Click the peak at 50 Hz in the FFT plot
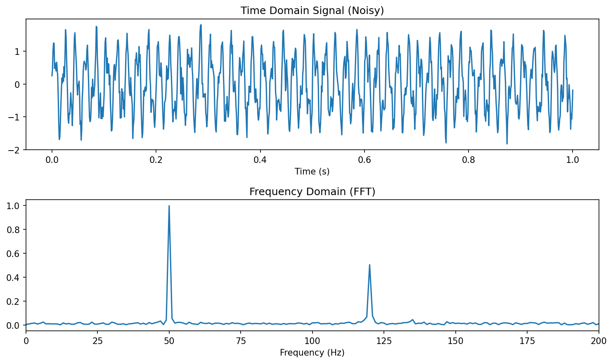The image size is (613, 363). [x=169, y=206]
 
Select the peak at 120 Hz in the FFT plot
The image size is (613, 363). [x=369, y=265]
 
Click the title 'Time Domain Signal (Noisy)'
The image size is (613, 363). [x=312, y=11]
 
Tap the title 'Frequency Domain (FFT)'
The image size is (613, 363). [x=312, y=192]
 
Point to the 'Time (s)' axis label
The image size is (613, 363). [x=312, y=172]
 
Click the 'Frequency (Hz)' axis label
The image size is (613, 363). [x=312, y=353]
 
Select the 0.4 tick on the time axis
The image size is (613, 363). [x=260, y=160]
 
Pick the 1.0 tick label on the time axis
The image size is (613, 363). [x=573, y=160]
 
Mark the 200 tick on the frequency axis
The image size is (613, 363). [x=599, y=341]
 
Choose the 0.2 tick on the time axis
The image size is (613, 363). [x=156, y=160]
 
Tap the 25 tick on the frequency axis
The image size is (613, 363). [x=97, y=341]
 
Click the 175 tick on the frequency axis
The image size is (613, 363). [x=527, y=341]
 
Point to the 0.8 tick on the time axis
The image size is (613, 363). [x=469, y=160]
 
